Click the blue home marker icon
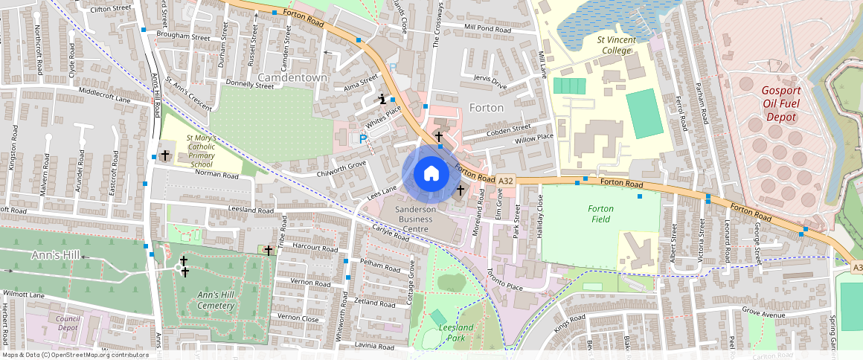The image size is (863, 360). tap(431, 174)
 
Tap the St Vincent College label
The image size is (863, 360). tap(603, 45)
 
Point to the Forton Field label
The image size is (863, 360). tap(600, 214)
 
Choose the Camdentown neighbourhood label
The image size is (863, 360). tap(292, 77)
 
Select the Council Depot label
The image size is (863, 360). tap(68, 323)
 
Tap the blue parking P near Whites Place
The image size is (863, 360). tap(363, 138)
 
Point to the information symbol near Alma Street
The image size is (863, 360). tap(382, 98)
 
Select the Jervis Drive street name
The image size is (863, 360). tap(489, 82)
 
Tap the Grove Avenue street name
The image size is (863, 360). tap(763, 314)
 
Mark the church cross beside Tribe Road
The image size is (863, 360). tap(269, 251)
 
